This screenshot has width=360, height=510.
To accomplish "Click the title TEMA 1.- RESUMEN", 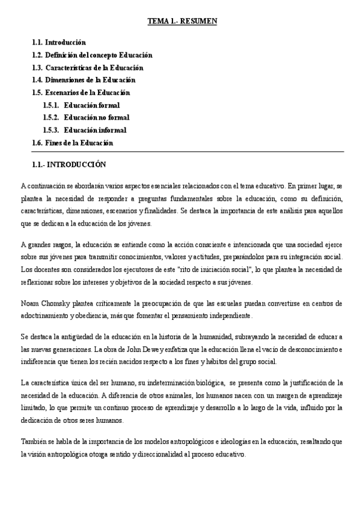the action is [x=182, y=22].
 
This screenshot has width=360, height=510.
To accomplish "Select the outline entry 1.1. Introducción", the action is [x=59, y=43].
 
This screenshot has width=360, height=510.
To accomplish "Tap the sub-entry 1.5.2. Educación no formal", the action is [x=86, y=118].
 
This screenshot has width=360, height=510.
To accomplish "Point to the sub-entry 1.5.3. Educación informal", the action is [x=85, y=130].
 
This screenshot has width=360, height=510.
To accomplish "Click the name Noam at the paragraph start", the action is [x=29, y=303].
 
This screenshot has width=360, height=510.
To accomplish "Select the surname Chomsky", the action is [x=55, y=303].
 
